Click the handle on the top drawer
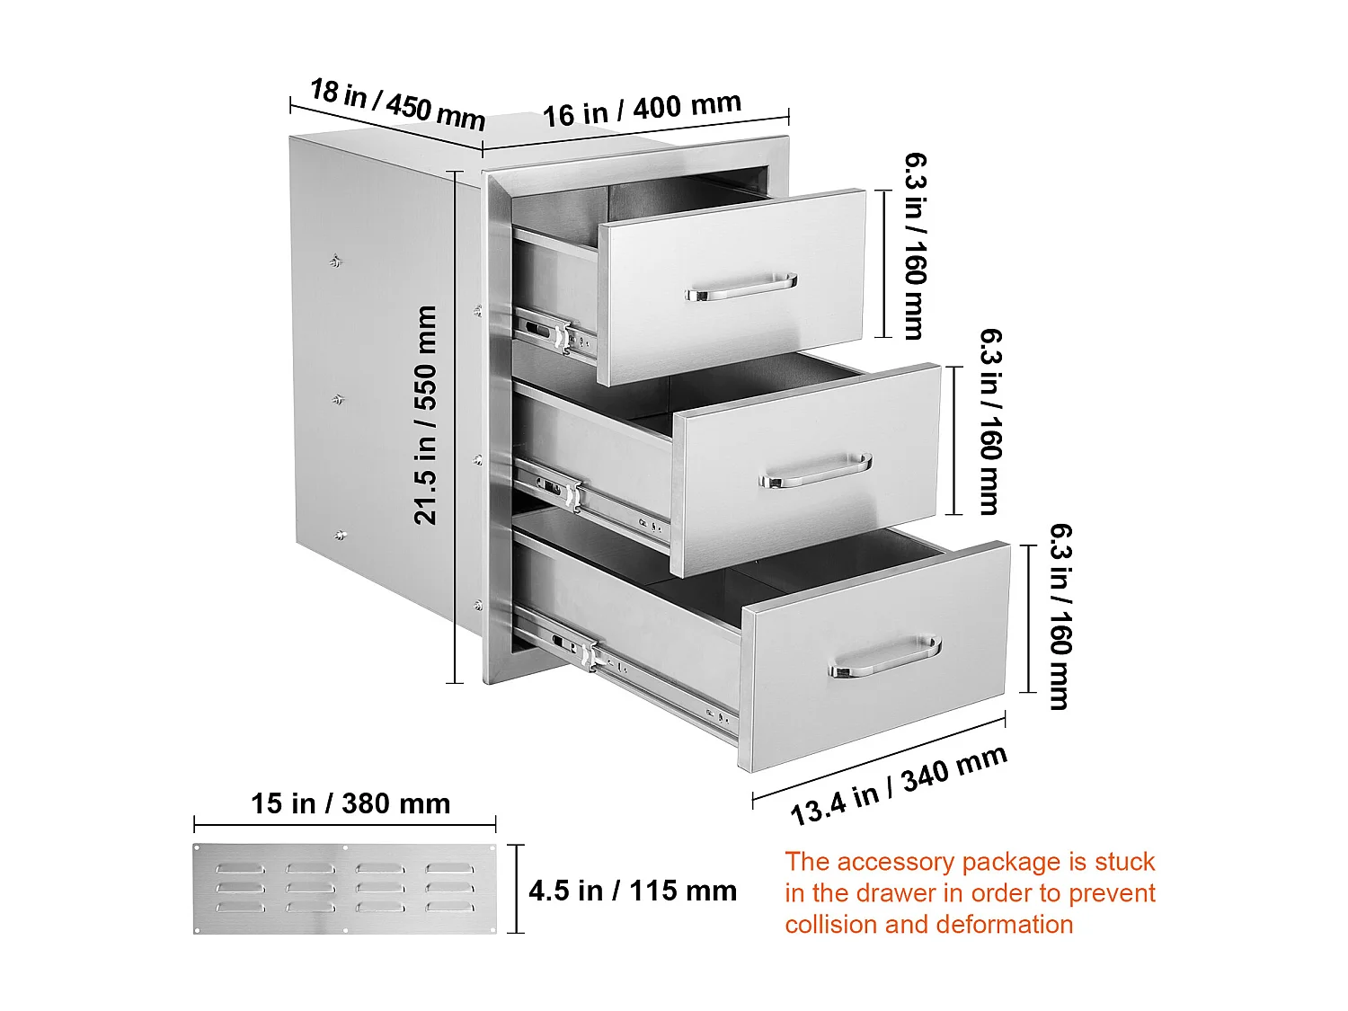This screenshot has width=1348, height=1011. tap(741, 287)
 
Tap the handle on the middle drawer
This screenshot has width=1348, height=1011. tap(816, 470)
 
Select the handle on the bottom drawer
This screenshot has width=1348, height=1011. tap(885, 656)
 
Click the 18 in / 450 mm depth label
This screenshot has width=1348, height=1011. tap(397, 103)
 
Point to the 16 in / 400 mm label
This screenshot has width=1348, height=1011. tap(642, 110)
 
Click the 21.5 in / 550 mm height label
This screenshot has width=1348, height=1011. tap(425, 415)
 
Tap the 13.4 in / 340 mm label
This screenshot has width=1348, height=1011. tap(899, 786)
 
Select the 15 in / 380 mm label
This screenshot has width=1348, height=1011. tap(350, 803)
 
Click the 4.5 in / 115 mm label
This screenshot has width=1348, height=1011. tap(633, 891)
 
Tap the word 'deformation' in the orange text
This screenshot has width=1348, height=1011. tap(979, 925)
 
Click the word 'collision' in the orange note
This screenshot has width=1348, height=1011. tap(831, 925)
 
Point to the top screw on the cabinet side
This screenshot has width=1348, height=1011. tap(335, 262)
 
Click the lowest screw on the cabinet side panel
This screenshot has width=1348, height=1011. tap(340, 536)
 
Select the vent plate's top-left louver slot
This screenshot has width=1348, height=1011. tap(240, 868)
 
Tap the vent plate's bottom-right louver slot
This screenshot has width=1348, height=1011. tap(449, 907)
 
